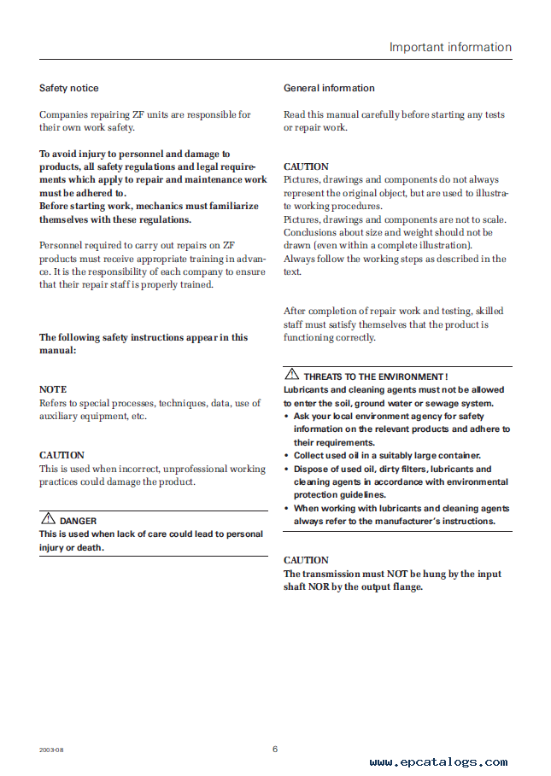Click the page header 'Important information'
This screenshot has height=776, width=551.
pyautogui.click(x=450, y=47)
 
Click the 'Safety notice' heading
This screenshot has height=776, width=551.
pyautogui.click(x=69, y=88)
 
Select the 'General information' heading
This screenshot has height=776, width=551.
pyautogui.click(x=329, y=88)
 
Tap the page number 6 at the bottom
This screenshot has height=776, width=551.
pyautogui.click(x=275, y=749)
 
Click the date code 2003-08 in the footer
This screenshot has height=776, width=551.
pyautogui.click(x=50, y=750)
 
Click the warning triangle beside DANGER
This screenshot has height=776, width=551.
pyautogui.click(x=47, y=519)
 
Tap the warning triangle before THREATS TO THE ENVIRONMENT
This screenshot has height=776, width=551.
pyautogui.click(x=291, y=375)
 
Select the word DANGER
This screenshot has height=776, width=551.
pyautogui.click(x=78, y=521)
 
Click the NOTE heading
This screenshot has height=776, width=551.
pyautogui.click(x=52, y=389)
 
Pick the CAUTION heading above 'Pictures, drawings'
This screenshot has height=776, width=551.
pyautogui.click(x=306, y=166)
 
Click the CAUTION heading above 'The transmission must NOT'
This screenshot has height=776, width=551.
pyautogui.click(x=306, y=560)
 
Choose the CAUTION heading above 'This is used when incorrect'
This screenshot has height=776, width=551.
pyautogui.click(x=62, y=455)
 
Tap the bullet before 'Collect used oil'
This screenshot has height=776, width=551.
pyautogui.click(x=286, y=456)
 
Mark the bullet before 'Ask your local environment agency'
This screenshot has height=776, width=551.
pyautogui.click(x=286, y=417)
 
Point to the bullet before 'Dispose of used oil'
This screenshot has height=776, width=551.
pyautogui.click(x=286, y=469)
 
